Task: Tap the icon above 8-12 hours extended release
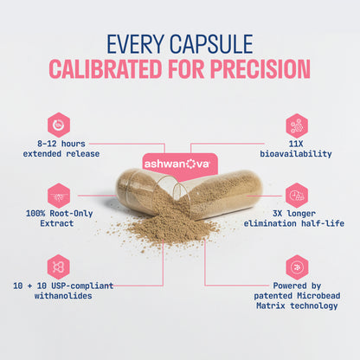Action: pos(59,124)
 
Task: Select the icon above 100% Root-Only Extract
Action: pos(59,195)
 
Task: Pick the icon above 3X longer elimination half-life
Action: pos(297,195)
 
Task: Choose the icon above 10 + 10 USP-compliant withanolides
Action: pos(59,266)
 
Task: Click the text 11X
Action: pos(297,143)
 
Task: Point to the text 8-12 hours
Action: pos(60,143)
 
